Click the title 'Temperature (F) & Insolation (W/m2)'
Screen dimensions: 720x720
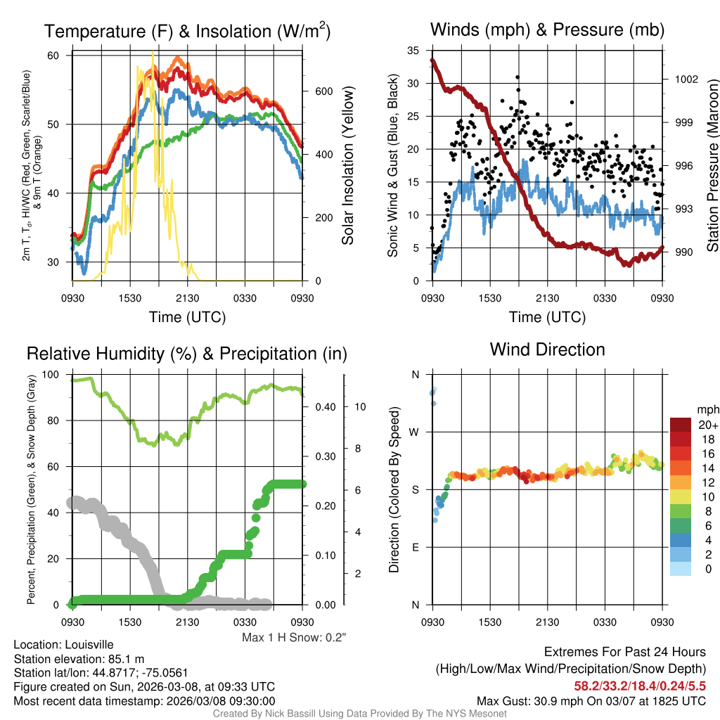187,31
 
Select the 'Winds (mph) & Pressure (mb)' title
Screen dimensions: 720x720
547,30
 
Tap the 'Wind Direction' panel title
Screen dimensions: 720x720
547,349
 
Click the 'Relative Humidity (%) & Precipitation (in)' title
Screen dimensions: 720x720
187,353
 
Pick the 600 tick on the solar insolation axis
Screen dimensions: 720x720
323,92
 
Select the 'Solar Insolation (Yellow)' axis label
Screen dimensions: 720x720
347,165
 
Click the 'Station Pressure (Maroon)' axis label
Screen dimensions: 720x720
712,165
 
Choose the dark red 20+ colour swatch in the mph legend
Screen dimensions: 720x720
682,425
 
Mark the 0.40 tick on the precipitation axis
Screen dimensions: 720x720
323,406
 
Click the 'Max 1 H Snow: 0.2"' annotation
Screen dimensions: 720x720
294,638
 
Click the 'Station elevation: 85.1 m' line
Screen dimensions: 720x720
79,659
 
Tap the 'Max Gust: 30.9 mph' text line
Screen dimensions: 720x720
591,700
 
